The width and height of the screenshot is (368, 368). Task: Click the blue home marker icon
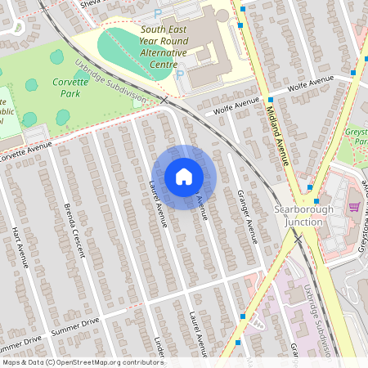184,177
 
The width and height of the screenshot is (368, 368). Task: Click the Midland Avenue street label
277,130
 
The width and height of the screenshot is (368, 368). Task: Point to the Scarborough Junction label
299,215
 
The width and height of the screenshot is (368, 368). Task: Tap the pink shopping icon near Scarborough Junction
354,206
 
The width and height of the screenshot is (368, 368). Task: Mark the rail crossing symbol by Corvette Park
164,100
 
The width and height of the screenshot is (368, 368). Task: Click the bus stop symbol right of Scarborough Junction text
316,200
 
